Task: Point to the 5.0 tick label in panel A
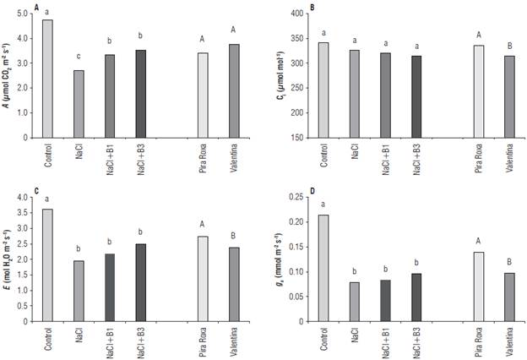[30, 14]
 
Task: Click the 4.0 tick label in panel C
[30, 197]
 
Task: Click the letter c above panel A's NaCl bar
[78, 57]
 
